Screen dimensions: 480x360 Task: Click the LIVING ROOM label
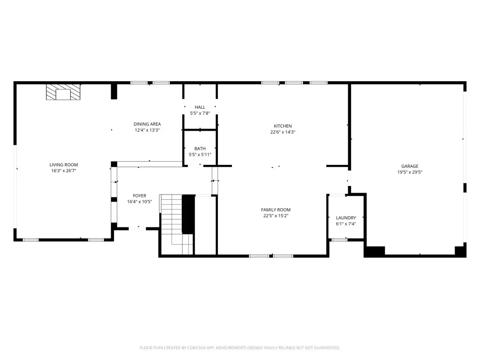pyautogui.click(x=64, y=165)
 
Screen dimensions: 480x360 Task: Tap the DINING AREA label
pyautogui.click(x=147, y=124)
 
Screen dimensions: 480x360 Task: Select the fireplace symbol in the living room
pyautogui.click(x=63, y=92)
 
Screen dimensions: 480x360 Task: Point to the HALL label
pyautogui.click(x=200, y=107)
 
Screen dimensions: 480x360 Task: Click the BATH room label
pyautogui.click(x=200, y=149)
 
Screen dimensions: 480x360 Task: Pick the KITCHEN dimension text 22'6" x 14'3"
pyautogui.click(x=283, y=132)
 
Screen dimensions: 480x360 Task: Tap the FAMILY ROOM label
pyautogui.click(x=276, y=210)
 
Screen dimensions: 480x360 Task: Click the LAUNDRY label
pyautogui.click(x=346, y=217)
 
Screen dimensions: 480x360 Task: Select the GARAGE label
pyautogui.click(x=410, y=166)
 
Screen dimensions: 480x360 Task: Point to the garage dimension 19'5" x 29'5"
pyautogui.click(x=410, y=172)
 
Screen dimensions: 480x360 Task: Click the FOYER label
pyautogui.click(x=140, y=195)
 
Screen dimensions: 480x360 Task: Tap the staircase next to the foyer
pyautogui.click(x=176, y=225)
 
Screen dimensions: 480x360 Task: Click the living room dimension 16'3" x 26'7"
pyautogui.click(x=64, y=171)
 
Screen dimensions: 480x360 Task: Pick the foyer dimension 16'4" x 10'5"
pyautogui.click(x=140, y=202)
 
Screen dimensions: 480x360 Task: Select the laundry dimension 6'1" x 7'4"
pyautogui.click(x=346, y=224)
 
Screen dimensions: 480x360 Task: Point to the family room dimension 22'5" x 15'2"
pyautogui.click(x=276, y=216)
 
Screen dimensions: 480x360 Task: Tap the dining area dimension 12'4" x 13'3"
pyautogui.click(x=147, y=130)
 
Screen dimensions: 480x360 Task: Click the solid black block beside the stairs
pyautogui.click(x=188, y=214)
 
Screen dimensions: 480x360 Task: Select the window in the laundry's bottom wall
pyautogui.click(x=339, y=240)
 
